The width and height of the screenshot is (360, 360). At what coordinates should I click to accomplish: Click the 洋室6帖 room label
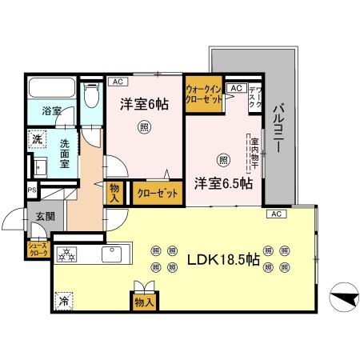[x=144, y=104]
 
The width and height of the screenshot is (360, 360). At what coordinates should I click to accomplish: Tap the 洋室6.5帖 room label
[x=223, y=183]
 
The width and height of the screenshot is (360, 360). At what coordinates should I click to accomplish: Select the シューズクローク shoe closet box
[x=38, y=249]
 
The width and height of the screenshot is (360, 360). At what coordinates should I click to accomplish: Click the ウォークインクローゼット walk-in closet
[x=203, y=95]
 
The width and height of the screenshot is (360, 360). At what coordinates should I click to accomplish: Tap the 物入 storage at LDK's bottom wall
[x=143, y=302]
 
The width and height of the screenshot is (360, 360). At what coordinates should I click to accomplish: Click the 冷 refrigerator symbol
[x=63, y=301]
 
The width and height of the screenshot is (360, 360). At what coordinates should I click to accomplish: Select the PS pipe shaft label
[x=31, y=190]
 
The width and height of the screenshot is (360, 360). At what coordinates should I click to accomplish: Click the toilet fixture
[x=91, y=98]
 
